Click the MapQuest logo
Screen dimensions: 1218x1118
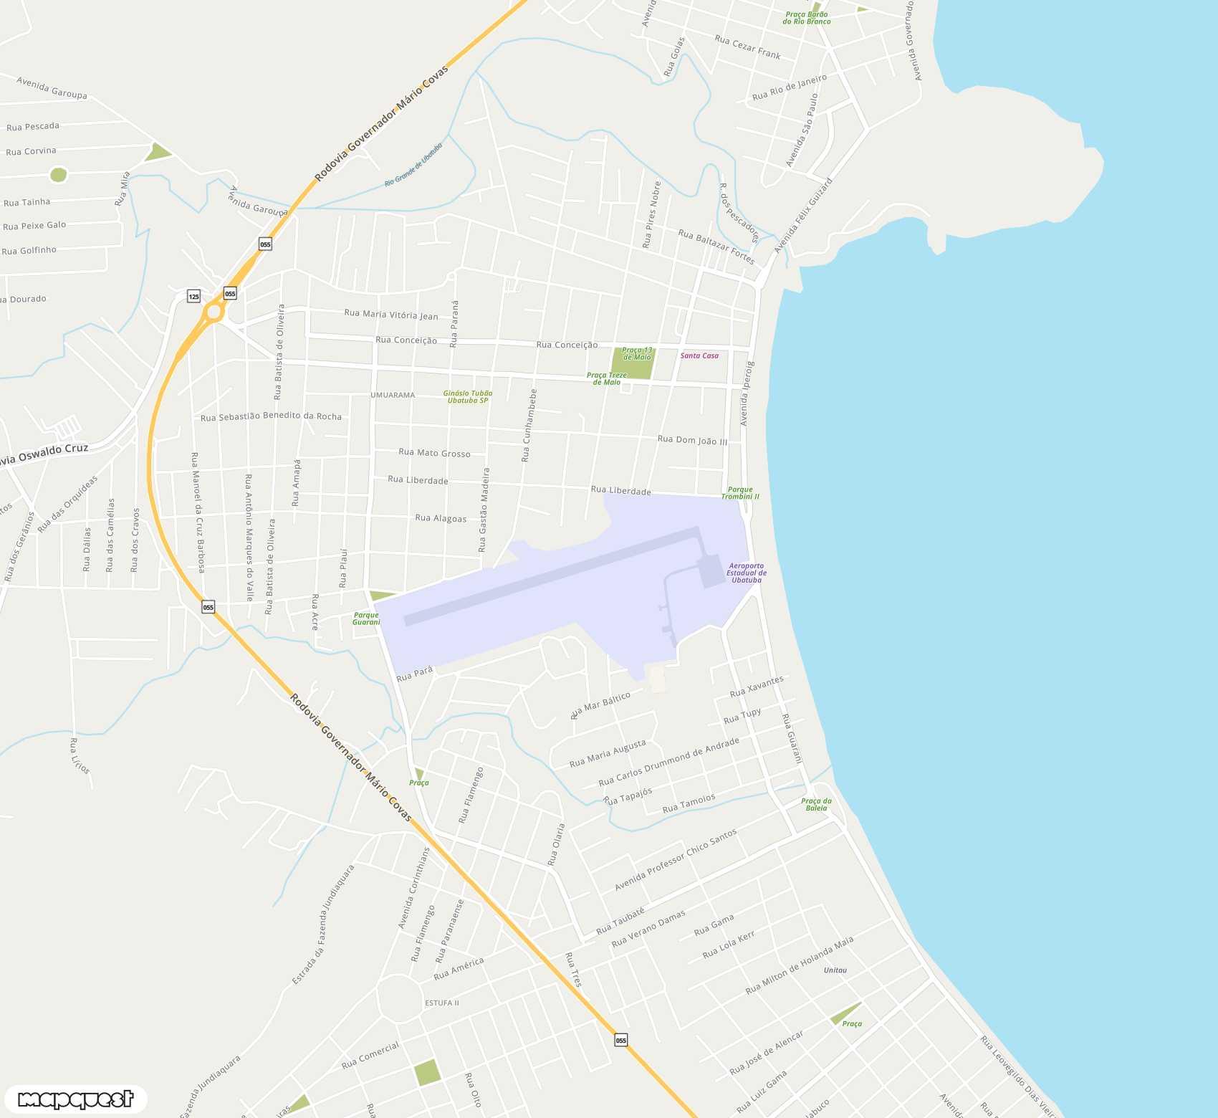[75, 1099]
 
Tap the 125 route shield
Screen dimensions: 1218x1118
[193, 296]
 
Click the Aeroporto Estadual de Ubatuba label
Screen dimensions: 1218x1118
[746, 573]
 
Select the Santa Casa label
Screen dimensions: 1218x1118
[699, 355]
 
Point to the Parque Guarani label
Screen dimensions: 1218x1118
[366, 618]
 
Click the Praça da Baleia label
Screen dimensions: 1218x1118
[816, 804]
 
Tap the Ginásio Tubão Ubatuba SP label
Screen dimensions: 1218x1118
[468, 396]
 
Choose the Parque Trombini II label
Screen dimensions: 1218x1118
[740, 493]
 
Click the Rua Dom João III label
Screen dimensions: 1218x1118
[692, 440]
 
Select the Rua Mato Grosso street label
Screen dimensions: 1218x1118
[434, 452]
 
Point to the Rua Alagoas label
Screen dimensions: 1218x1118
[441, 517]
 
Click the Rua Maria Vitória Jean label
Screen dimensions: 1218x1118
[390, 314]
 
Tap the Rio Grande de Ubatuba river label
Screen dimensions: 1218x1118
[413, 164]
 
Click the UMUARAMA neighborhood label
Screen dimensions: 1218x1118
[393, 395]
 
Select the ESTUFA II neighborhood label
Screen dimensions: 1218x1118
[441, 1003]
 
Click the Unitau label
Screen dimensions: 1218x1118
[835, 970]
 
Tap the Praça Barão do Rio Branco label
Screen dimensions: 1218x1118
[807, 18]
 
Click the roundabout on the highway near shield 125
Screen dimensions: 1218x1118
[214, 312]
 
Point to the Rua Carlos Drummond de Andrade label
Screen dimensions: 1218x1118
[668, 761]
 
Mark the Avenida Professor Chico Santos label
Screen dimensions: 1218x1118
[675, 860]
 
